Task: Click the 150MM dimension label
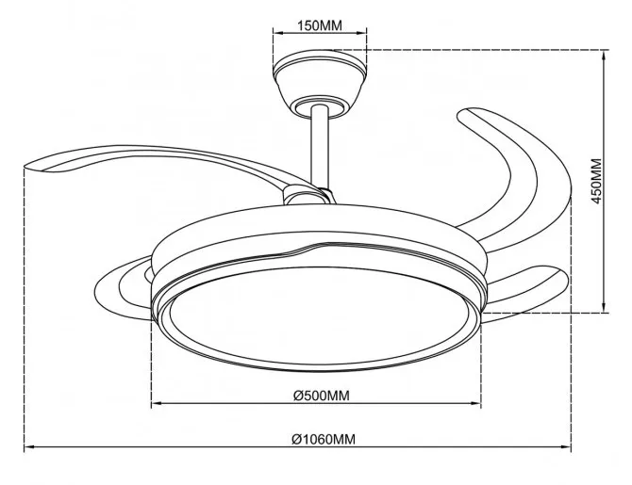[320, 25]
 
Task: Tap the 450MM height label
[597, 181]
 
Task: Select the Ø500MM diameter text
[322, 396]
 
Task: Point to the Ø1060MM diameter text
[324, 439]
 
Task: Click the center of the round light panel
[321, 315]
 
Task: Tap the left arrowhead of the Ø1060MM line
[28, 446]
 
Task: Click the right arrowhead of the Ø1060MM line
[567, 446]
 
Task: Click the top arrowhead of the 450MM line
[604, 55]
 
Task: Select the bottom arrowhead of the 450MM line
[604, 308]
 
